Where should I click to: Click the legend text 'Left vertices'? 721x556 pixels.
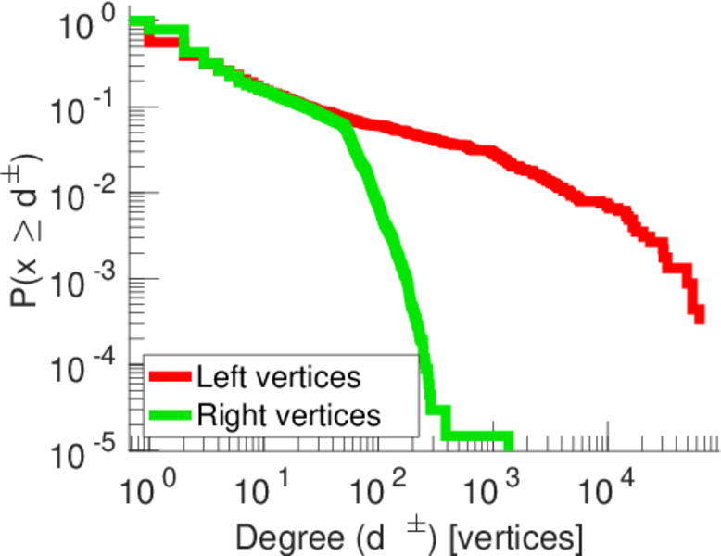pyautogui.click(x=278, y=377)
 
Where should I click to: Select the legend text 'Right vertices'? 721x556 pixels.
pyautogui.click(x=289, y=414)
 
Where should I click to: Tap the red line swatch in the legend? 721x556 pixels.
pyautogui.click(x=171, y=377)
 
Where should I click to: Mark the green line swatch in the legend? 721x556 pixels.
pyautogui.click(x=171, y=414)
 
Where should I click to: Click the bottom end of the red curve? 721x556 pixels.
pyautogui.click(x=699, y=318)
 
